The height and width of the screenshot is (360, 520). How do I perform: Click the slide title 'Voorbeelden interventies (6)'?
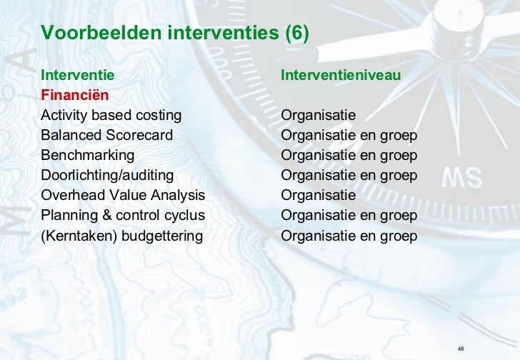pyautogui.click(x=175, y=33)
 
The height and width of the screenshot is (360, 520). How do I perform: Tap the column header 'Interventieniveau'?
pyautogui.click(x=340, y=74)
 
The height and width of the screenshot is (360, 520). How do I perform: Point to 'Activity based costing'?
pyautogui.click(x=111, y=115)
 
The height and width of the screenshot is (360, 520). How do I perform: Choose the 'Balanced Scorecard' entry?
pyautogui.click(x=107, y=135)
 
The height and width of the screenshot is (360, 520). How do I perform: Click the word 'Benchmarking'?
pyautogui.click(x=88, y=155)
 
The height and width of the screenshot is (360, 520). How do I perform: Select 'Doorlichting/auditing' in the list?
pyautogui.click(x=107, y=175)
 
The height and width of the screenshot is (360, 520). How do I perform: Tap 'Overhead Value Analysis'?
pyautogui.click(x=123, y=195)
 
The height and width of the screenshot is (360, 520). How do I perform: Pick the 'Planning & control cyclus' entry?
pyautogui.click(x=123, y=215)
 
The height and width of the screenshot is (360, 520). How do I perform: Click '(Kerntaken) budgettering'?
pyautogui.click(x=122, y=235)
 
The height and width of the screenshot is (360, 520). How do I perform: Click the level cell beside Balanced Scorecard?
pyautogui.click(x=349, y=135)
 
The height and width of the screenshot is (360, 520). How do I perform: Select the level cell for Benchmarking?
pyautogui.click(x=349, y=155)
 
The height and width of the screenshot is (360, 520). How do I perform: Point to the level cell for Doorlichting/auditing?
pyautogui.click(x=349, y=175)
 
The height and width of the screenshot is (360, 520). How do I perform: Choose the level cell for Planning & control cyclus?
pyautogui.click(x=349, y=215)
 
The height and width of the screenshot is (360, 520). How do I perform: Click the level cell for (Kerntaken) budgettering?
pyautogui.click(x=349, y=235)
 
